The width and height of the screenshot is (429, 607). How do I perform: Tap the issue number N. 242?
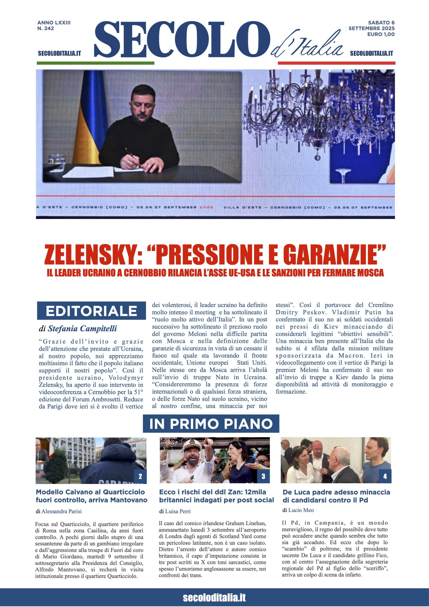(x=46, y=28)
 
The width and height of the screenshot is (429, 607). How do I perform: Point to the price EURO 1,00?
(x=381, y=34)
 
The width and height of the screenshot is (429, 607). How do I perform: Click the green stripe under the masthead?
(x=96, y=63)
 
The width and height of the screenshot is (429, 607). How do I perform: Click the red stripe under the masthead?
(x=336, y=63)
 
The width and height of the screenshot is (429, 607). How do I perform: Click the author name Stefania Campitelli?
(x=82, y=329)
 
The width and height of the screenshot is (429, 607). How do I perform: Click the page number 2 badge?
(x=140, y=476)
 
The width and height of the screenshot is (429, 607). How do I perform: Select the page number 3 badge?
(x=263, y=476)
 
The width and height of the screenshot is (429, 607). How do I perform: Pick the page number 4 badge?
(x=385, y=476)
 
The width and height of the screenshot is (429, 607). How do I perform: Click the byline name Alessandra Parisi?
(x=61, y=511)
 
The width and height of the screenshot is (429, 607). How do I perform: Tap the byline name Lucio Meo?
(x=301, y=510)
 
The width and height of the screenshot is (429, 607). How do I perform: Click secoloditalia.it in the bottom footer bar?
(x=214, y=597)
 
